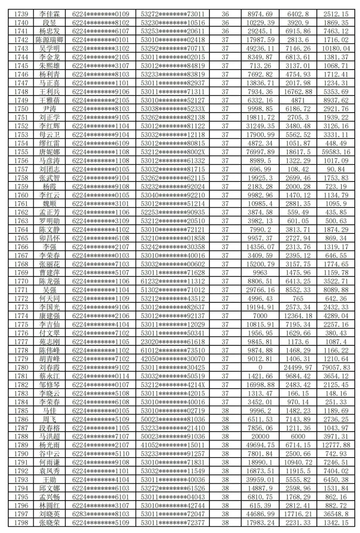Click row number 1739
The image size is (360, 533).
pos(21,14)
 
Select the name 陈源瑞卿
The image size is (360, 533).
pos(49,40)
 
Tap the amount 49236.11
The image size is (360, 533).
pos(260,49)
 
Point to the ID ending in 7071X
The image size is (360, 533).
pos(173,49)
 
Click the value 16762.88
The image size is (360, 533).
pos(298,92)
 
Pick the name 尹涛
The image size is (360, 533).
pos(49,109)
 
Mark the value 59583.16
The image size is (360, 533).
pos(336,152)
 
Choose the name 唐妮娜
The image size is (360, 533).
pos(49,152)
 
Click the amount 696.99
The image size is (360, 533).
pos(260,169)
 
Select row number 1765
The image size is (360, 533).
pos(21,238)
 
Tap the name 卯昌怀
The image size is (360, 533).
pos(49,238)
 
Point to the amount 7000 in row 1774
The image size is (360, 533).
pos(260,316)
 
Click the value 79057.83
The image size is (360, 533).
pos(336,367)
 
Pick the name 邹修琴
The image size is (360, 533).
pos(49,385)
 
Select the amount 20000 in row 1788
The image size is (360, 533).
pos(260,436)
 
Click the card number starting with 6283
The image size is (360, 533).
pos(100,514)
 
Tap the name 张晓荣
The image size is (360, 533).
pos(49,523)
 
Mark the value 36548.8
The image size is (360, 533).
pos(336,514)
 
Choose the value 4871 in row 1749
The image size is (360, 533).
pos(298,100)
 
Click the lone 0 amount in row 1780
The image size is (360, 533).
pos(260,367)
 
